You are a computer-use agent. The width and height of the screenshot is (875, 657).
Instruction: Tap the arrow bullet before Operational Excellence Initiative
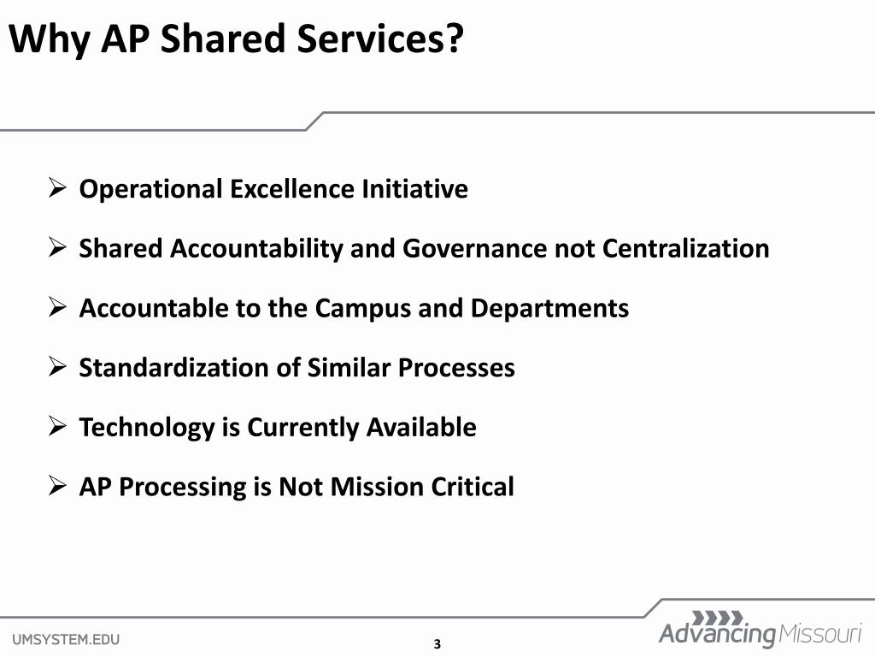(x=57, y=187)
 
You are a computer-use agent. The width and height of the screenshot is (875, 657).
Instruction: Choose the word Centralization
(x=685, y=248)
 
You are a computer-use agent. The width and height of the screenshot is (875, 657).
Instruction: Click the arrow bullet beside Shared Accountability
(x=57, y=247)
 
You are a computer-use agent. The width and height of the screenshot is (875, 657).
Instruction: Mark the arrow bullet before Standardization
(x=57, y=367)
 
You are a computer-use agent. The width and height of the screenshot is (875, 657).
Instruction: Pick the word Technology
(x=147, y=427)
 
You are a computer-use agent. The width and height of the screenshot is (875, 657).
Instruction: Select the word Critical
(x=473, y=487)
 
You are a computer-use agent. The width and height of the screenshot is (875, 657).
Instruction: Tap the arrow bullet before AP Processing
(x=57, y=486)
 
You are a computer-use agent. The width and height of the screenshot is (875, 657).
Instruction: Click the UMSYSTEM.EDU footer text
(x=66, y=638)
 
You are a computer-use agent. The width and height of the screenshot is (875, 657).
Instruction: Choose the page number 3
(x=437, y=644)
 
